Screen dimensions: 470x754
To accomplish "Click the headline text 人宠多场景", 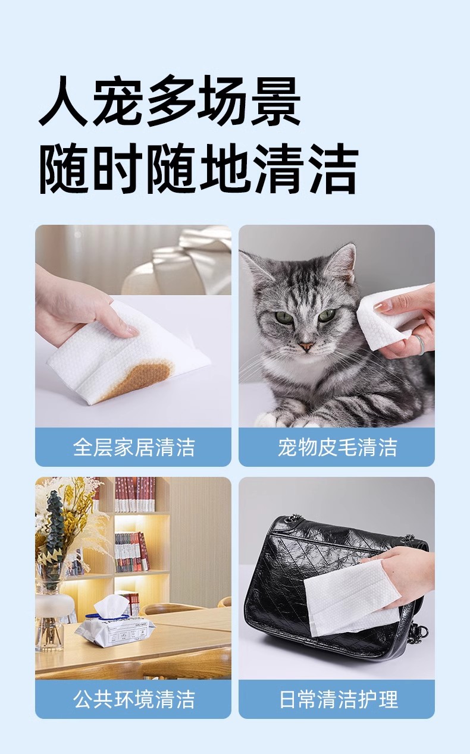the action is click(169, 100).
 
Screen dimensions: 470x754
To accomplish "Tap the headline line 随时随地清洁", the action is click(199, 168).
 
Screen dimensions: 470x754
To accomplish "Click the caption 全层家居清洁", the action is click(134, 447).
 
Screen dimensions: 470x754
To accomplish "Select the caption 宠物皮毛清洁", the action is click(337, 447).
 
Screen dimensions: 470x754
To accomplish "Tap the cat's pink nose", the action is click(306, 345).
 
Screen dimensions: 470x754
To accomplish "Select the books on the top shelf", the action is click(134, 494).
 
